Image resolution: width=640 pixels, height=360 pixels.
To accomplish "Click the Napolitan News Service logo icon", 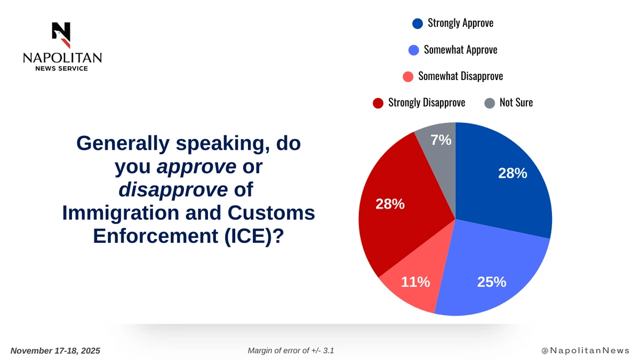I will pos(61,35).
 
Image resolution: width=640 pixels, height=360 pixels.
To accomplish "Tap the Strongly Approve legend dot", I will pos(418,23).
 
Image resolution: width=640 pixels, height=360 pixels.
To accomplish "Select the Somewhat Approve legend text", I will pos(460,50).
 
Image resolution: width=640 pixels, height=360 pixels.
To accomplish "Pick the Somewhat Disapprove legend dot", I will pos(408,76).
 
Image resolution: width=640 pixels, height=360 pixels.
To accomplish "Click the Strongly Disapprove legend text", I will pos(427,102).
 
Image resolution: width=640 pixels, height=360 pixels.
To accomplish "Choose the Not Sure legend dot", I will pos(490,103).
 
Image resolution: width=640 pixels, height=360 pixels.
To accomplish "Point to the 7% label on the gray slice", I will pos(441,141).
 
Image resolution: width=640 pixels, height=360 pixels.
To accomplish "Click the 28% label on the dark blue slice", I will pos(513,173).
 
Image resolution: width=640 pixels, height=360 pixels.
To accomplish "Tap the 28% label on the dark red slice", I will pos(390,204).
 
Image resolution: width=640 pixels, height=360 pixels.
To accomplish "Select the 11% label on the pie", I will pos(415,282).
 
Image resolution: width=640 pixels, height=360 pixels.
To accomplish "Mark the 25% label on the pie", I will pos(491,282).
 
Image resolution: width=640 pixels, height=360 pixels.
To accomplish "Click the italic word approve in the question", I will pos(196,167).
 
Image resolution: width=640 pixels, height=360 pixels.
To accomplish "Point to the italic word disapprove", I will pos(173,190).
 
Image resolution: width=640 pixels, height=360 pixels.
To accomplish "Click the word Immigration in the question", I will pos(119,213).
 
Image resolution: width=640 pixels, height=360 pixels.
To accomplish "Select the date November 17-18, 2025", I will pos(55,350).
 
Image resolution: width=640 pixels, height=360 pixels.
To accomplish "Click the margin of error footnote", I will pos(291,350).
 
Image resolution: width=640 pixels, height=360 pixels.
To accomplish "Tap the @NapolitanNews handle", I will pos(585,350).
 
